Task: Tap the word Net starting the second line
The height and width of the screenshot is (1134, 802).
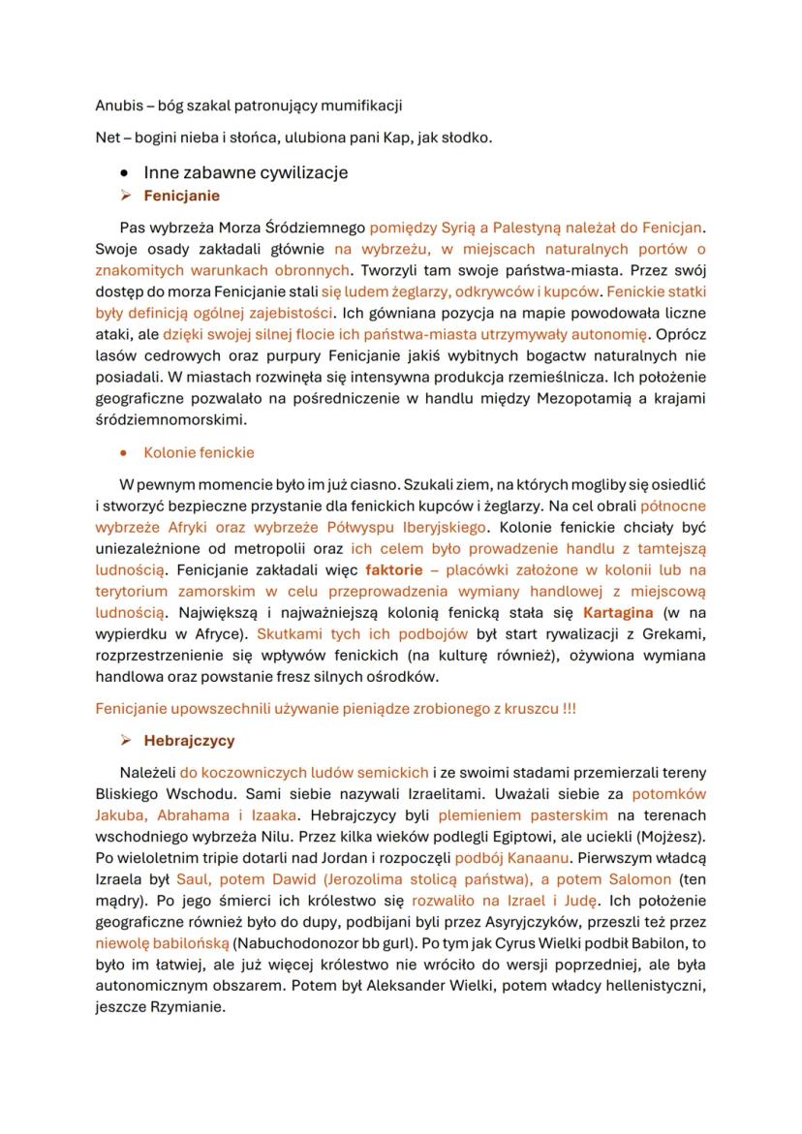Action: tap(107, 138)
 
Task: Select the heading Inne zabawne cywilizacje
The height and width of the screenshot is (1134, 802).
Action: tap(245, 172)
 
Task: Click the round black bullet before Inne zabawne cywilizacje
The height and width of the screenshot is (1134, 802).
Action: tap(124, 173)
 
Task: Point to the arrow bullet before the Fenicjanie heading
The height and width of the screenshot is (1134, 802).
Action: tap(125, 197)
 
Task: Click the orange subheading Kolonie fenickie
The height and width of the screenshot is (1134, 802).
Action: tap(199, 452)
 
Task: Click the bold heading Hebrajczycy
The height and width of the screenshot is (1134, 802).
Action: tap(189, 741)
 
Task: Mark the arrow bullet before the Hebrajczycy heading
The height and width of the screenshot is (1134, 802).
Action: tap(125, 742)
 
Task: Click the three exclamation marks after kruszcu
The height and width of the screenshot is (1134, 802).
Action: tap(569, 709)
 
